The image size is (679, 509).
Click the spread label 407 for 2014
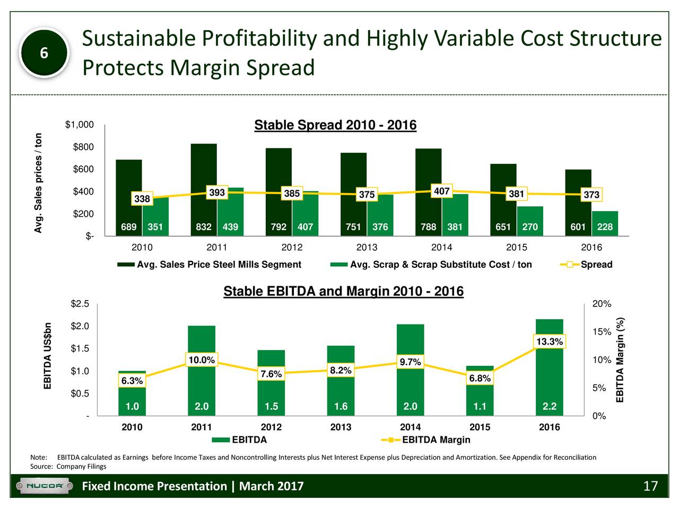442,191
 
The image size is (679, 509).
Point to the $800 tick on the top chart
84,147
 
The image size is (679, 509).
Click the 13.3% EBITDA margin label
550,341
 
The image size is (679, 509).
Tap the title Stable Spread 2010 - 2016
335,126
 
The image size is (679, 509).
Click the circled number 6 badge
45,54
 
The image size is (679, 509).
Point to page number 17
650,486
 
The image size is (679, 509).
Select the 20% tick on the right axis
602,304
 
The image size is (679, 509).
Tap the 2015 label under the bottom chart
480,427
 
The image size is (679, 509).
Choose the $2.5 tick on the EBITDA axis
81,304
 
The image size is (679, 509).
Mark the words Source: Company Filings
68,467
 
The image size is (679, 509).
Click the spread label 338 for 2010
142,199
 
